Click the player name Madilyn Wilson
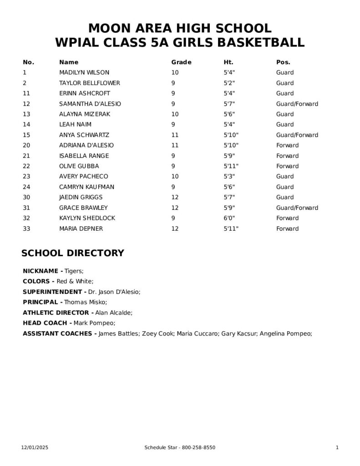[84, 72]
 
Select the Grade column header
[181, 62]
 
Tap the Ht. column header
[228, 62]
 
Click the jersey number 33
[26, 228]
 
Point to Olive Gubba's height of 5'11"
[231, 166]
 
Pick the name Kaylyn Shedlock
[87, 218]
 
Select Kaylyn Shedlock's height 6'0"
[229, 218]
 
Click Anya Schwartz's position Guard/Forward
[297, 135]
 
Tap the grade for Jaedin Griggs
[175, 197]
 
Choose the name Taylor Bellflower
[90, 83]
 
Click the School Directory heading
[73, 253]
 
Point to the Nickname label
[43, 271]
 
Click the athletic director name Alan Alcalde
[114, 313]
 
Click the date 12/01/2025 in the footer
[35, 448]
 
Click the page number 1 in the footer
[337, 448]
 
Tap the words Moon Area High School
[180, 28]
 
